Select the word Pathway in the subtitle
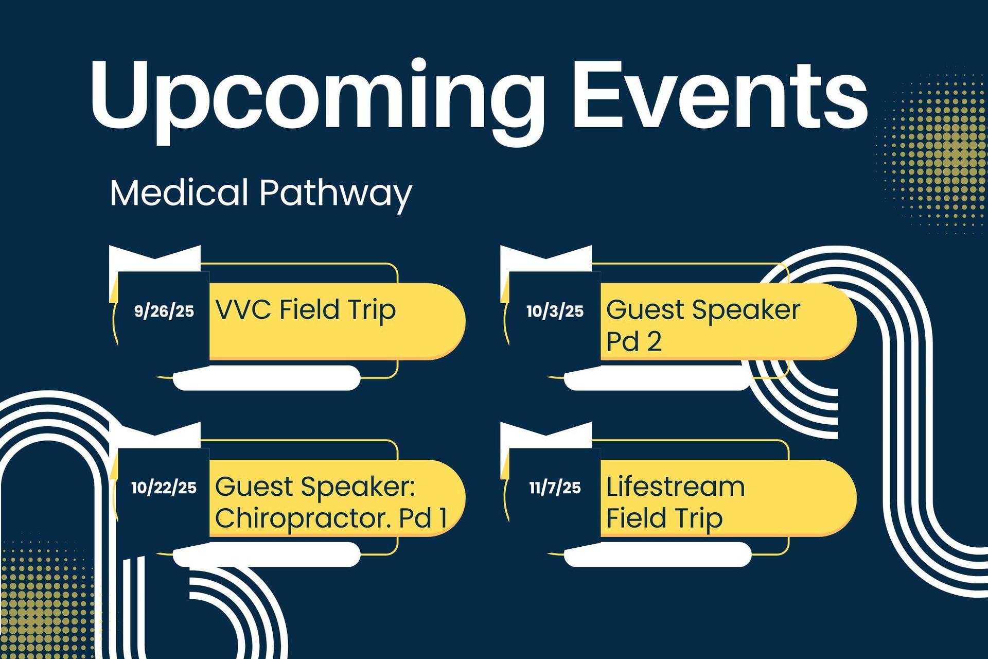point(336,195)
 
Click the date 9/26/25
point(164,311)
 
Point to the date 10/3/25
point(555,311)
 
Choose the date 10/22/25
point(164,488)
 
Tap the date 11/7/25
point(555,488)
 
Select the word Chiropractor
point(303,518)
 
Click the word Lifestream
point(675,487)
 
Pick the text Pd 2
point(633,341)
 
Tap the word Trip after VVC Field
point(371,310)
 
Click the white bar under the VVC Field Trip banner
point(267,378)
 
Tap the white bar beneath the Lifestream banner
point(658,554)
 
